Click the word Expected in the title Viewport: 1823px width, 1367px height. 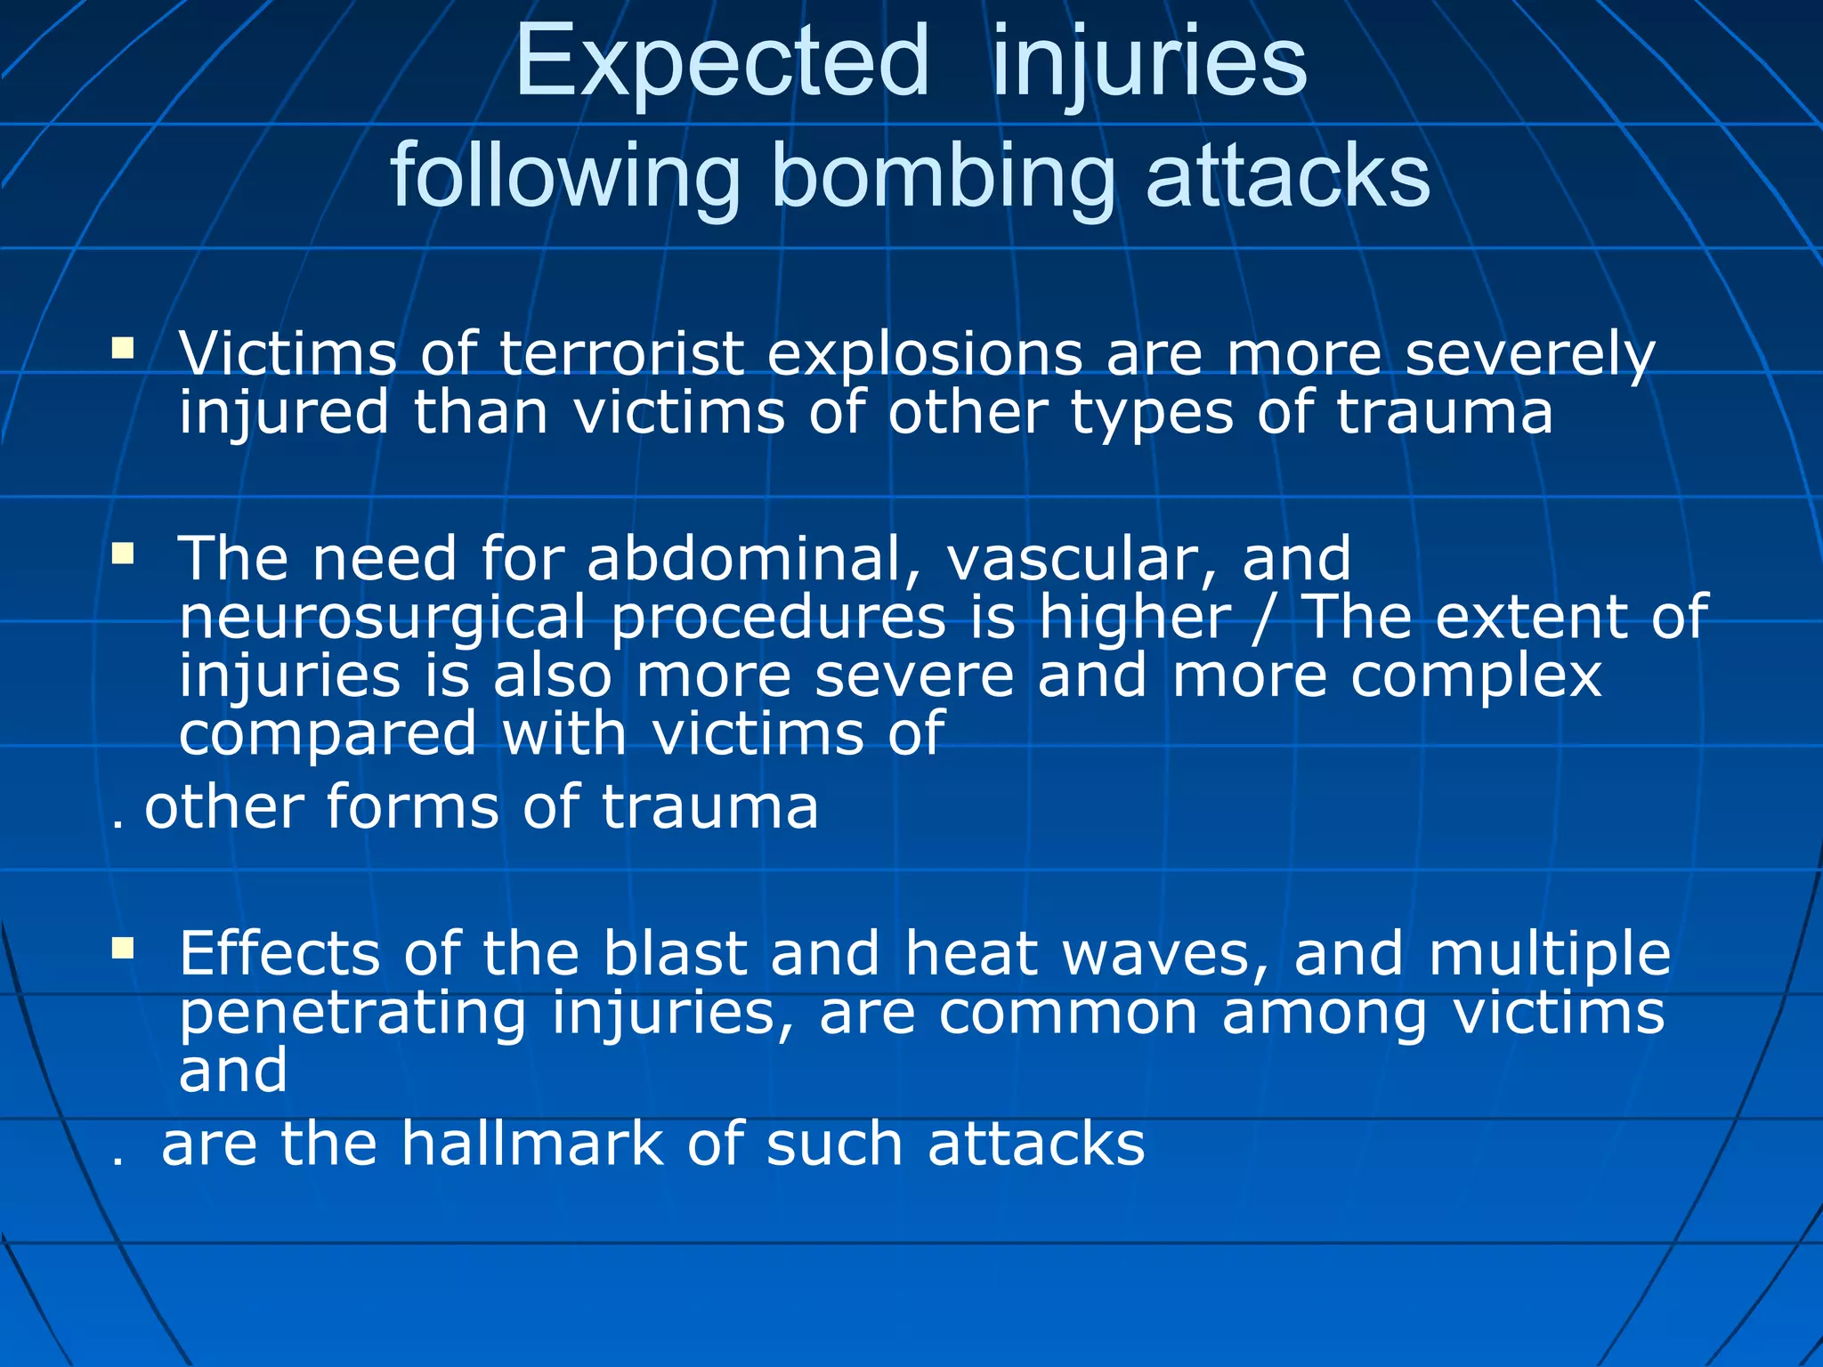click(x=722, y=62)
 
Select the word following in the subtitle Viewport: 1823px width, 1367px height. click(x=566, y=175)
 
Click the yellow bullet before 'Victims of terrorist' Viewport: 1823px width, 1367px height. click(x=123, y=346)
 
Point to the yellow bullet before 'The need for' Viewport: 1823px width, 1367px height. click(x=123, y=554)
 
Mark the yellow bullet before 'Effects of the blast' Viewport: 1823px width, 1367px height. click(x=123, y=949)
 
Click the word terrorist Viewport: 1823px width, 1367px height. click(x=620, y=353)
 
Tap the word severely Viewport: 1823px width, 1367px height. click(x=1529, y=353)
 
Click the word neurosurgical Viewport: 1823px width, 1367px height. click(x=383, y=618)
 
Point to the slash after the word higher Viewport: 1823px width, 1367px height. click(x=1264, y=618)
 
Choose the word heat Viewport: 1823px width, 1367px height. click(x=971, y=953)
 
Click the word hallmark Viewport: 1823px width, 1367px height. click(x=532, y=1144)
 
